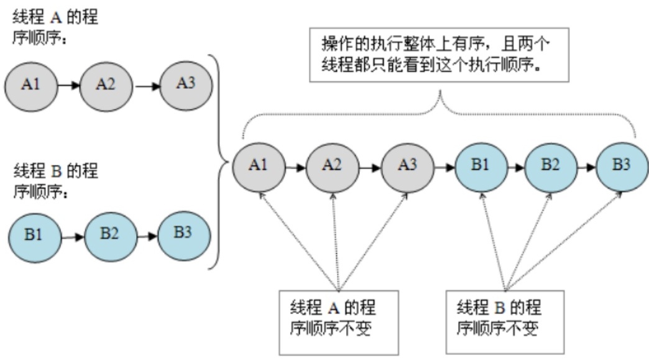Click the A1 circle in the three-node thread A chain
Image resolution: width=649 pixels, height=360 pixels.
[32, 86]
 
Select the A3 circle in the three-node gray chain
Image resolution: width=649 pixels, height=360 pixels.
[186, 85]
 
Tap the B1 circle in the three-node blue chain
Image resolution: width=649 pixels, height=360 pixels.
[35, 237]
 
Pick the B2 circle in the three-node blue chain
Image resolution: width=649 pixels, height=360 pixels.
[111, 236]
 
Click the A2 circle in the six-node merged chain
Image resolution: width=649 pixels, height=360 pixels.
[333, 167]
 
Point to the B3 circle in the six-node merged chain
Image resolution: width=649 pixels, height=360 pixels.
[622, 167]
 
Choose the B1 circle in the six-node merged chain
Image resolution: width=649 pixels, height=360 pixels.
[481, 167]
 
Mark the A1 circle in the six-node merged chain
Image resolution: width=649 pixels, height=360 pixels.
[259, 167]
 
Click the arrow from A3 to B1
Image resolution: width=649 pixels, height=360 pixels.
[444, 168]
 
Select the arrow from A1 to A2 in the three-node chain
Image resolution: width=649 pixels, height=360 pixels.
[69, 86]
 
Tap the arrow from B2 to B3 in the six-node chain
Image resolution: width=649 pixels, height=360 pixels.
[586, 168]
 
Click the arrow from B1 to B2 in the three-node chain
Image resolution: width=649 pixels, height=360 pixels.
[73, 237]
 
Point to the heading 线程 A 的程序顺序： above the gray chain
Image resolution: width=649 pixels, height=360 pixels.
[55, 27]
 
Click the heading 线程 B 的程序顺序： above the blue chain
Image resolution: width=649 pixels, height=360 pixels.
[56, 181]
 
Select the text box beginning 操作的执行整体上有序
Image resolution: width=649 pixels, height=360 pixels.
[439, 55]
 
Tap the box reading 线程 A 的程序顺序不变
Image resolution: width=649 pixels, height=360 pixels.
[339, 323]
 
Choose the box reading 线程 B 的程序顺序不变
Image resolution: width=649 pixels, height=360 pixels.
[505, 322]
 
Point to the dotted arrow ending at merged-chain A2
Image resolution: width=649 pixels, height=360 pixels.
[336, 241]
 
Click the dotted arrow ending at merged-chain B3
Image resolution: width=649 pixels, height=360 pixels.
[564, 241]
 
